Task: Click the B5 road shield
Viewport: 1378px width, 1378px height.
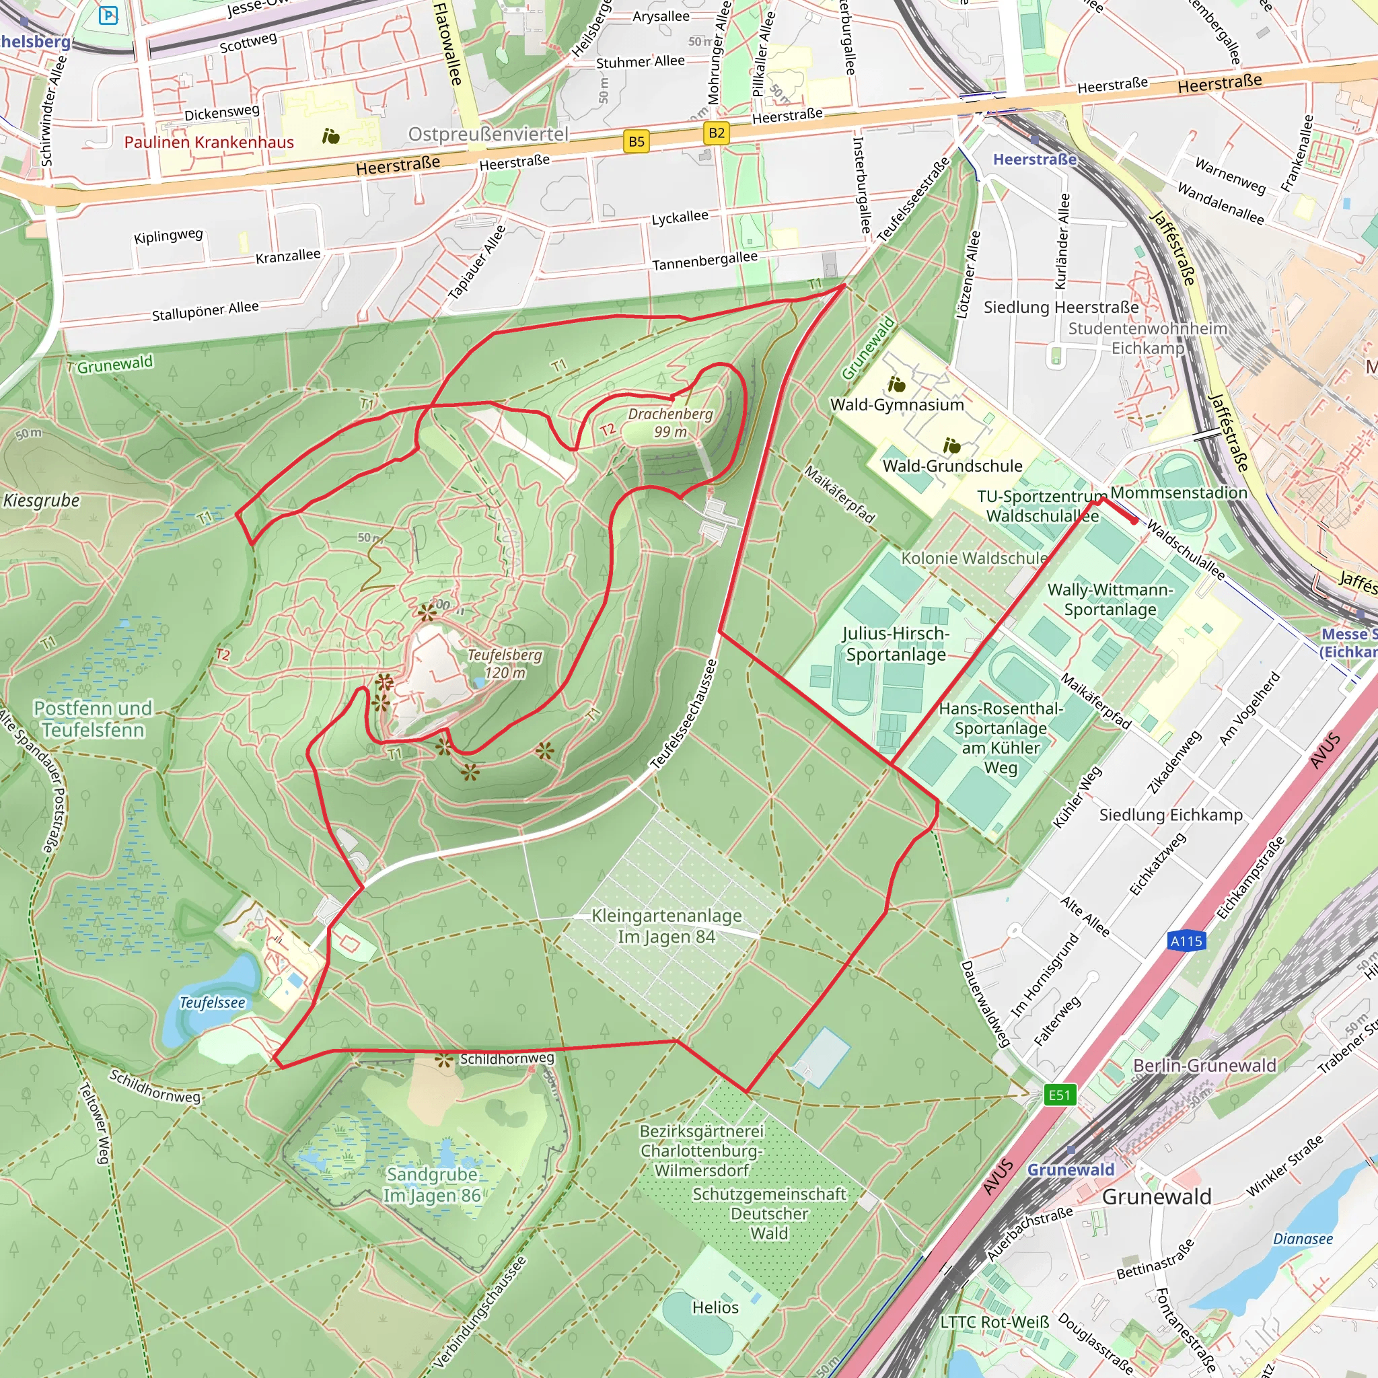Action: pyautogui.click(x=637, y=141)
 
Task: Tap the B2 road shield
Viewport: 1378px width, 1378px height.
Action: pyautogui.click(x=717, y=133)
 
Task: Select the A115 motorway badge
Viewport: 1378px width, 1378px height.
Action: pyautogui.click(x=1186, y=941)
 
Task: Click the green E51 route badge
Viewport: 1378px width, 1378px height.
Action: pyautogui.click(x=1059, y=1094)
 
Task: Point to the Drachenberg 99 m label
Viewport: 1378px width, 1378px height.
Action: pyautogui.click(x=670, y=423)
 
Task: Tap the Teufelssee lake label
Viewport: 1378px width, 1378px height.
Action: pyautogui.click(x=212, y=1002)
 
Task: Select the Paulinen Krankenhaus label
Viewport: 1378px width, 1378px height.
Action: pyautogui.click(x=209, y=142)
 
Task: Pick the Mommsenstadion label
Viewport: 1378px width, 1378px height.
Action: pyautogui.click(x=1178, y=492)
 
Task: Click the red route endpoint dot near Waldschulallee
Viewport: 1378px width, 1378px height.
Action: pyautogui.click(x=1135, y=521)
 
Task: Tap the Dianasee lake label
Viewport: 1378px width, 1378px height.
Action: pyautogui.click(x=1303, y=1238)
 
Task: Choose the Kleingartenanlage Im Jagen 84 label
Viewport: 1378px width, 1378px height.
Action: pyautogui.click(x=666, y=926)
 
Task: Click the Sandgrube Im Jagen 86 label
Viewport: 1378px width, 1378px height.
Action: pyautogui.click(x=432, y=1184)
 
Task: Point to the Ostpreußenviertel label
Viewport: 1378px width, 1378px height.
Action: pyautogui.click(x=488, y=134)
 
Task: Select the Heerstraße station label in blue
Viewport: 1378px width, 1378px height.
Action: pyautogui.click(x=1034, y=159)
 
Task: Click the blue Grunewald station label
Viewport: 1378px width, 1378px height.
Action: pyautogui.click(x=1070, y=1169)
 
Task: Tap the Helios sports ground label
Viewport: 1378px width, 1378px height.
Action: pyautogui.click(x=715, y=1307)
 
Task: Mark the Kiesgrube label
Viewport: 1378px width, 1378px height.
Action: pyautogui.click(x=41, y=500)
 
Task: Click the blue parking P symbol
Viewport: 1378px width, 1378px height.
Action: pyautogui.click(x=108, y=14)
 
